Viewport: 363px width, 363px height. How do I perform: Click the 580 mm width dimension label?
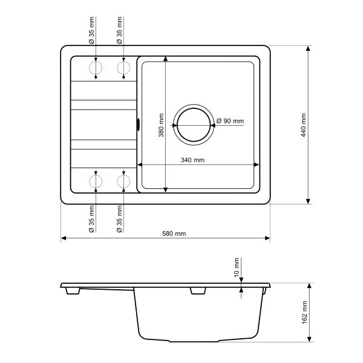tap(174, 234)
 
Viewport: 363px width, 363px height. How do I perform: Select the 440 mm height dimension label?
tap(304, 125)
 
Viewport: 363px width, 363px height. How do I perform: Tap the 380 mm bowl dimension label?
tap(161, 125)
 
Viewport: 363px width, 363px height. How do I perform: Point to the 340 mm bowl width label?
tap(192, 160)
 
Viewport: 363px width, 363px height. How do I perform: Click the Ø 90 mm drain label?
tap(230, 121)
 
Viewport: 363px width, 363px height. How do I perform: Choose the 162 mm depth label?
tap(304, 312)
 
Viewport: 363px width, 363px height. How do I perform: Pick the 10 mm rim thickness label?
tap(237, 267)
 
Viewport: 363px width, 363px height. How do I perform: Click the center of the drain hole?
tap(194, 125)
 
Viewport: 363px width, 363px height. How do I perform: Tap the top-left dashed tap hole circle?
tap(96, 68)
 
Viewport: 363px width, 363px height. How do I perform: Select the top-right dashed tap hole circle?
tap(123, 68)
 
